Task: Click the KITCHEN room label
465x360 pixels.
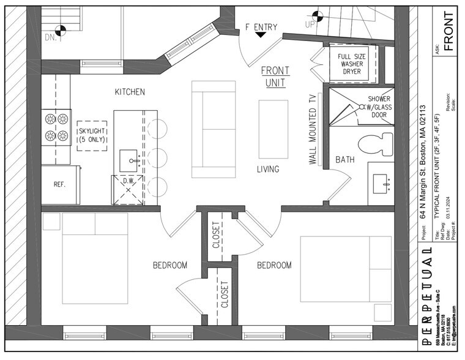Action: (x=130, y=92)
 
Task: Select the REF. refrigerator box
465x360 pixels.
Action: (x=59, y=184)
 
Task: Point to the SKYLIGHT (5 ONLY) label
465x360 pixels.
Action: (x=92, y=135)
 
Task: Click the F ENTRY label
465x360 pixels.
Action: (x=261, y=27)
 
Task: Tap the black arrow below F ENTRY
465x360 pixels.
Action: (x=261, y=35)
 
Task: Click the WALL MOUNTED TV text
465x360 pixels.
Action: (x=313, y=130)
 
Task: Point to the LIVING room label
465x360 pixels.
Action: (x=268, y=169)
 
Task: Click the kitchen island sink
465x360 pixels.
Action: (x=129, y=161)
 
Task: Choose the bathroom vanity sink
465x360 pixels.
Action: (x=384, y=182)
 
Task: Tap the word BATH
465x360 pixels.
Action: (x=344, y=160)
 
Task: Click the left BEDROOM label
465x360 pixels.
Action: (x=169, y=265)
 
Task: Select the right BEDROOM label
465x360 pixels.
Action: (x=273, y=265)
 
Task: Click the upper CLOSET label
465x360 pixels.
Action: (x=215, y=233)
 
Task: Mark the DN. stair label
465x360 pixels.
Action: (x=51, y=39)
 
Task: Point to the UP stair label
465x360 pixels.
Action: (x=310, y=24)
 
